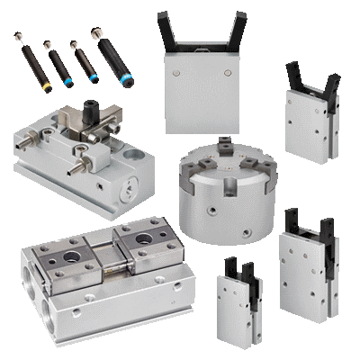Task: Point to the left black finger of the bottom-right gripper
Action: (290, 219)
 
